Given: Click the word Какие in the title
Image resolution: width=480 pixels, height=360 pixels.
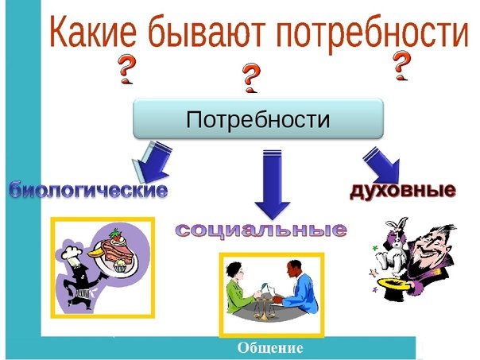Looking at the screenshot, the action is pos(93,32).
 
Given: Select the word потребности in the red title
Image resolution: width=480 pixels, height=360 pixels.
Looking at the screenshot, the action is pos(372,33).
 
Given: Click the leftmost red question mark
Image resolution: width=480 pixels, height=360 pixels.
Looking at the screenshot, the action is pos(127,69).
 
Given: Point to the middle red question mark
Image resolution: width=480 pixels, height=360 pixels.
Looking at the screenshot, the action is pos(251,78).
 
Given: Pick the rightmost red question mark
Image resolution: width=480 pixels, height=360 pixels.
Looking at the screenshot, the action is pos(401,66).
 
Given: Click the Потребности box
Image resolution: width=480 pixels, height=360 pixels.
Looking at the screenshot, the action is pos(258,118).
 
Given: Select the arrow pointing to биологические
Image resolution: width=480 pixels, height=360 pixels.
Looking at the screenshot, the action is pos(152,162).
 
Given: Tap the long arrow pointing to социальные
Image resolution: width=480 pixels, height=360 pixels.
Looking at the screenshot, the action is pos(272,184).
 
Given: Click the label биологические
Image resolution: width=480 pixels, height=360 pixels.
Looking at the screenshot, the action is pos(88,190).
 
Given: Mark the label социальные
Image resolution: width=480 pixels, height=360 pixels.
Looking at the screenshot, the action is pos(261,230).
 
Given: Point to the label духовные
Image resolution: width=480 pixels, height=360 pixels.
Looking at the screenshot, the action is pos(403,191).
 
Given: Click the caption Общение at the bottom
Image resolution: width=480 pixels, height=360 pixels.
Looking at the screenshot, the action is pos(270,348).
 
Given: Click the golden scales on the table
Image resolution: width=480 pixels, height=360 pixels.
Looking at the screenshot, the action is pos(262,310).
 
